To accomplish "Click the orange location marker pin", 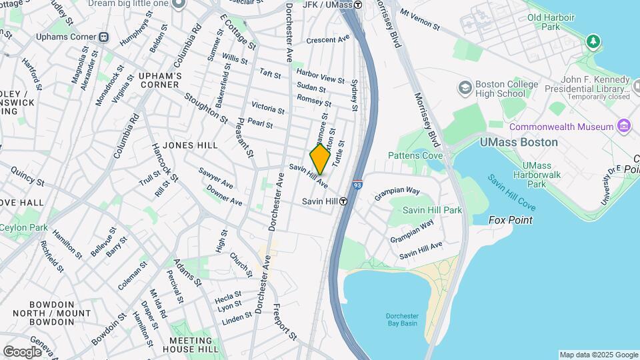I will tap(320, 159).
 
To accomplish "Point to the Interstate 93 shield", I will tap(358, 185).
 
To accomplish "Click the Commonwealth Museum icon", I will tap(624, 126).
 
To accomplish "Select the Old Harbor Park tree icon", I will tap(593, 43).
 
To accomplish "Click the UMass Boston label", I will tap(518, 142).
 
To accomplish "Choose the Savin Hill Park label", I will tap(432, 210).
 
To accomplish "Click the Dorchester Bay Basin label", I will tap(401, 319).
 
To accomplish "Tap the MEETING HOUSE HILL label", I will tap(190, 345).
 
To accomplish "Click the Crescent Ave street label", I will tap(327, 40).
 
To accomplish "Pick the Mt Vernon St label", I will tap(419, 20).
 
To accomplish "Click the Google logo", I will tap(23, 351).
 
